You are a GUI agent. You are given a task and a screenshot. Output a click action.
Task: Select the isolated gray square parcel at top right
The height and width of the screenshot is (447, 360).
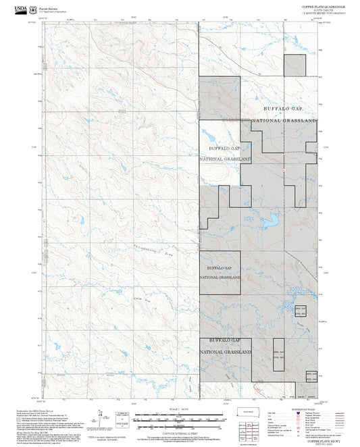pos(295,65)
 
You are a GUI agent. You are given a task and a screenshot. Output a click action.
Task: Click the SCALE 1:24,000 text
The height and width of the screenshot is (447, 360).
pos(179,410)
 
